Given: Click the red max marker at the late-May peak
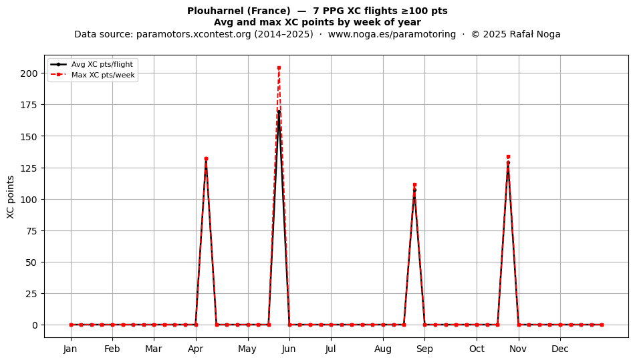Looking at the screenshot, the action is click(x=279, y=68).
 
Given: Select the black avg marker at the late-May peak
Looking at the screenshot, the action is click(x=279, y=112).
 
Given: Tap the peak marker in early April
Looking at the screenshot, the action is click(x=206, y=159).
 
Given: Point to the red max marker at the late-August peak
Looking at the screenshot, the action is click(x=414, y=185).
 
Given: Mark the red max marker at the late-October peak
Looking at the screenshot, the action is click(x=508, y=156).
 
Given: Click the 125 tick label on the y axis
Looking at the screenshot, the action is click(x=29, y=168).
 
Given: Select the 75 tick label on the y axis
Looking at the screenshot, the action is click(x=32, y=231).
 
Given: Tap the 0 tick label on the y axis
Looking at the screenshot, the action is click(x=35, y=325).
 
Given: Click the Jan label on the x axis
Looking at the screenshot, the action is click(x=70, y=349).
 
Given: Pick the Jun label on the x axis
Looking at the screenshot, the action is click(x=289, y=349).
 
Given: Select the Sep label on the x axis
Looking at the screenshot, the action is click(x=424, y=349).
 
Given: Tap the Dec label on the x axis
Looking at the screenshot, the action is click(x=560, y=349).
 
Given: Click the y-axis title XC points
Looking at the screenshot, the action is click(x=11, y=197).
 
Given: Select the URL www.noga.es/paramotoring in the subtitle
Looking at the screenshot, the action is click(x=392, y=34).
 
